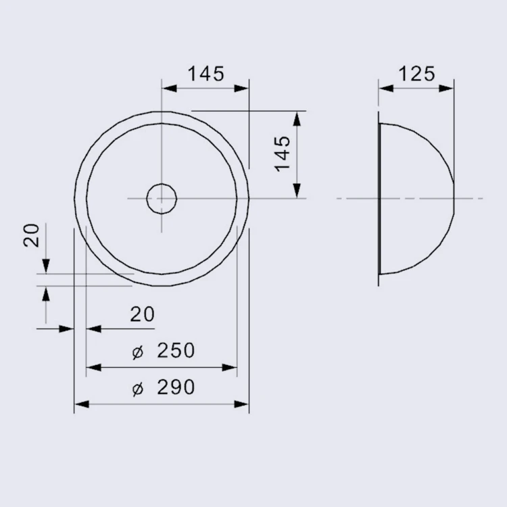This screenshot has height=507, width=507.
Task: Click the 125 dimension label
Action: point(417,74)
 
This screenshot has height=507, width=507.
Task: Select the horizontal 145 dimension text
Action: point(206,74)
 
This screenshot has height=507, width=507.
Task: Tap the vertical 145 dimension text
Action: point(283,153)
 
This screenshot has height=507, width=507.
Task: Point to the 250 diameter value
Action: point(176,350)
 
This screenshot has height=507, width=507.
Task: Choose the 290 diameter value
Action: point(176,387)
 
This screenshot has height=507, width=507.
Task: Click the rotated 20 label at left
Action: point(32,235)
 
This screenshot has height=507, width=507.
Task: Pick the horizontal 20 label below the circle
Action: point(142,314)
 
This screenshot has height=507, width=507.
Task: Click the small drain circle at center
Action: point(162,199)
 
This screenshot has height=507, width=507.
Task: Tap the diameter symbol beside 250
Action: point(137,352)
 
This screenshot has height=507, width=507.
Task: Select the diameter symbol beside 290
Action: point(137,389)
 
